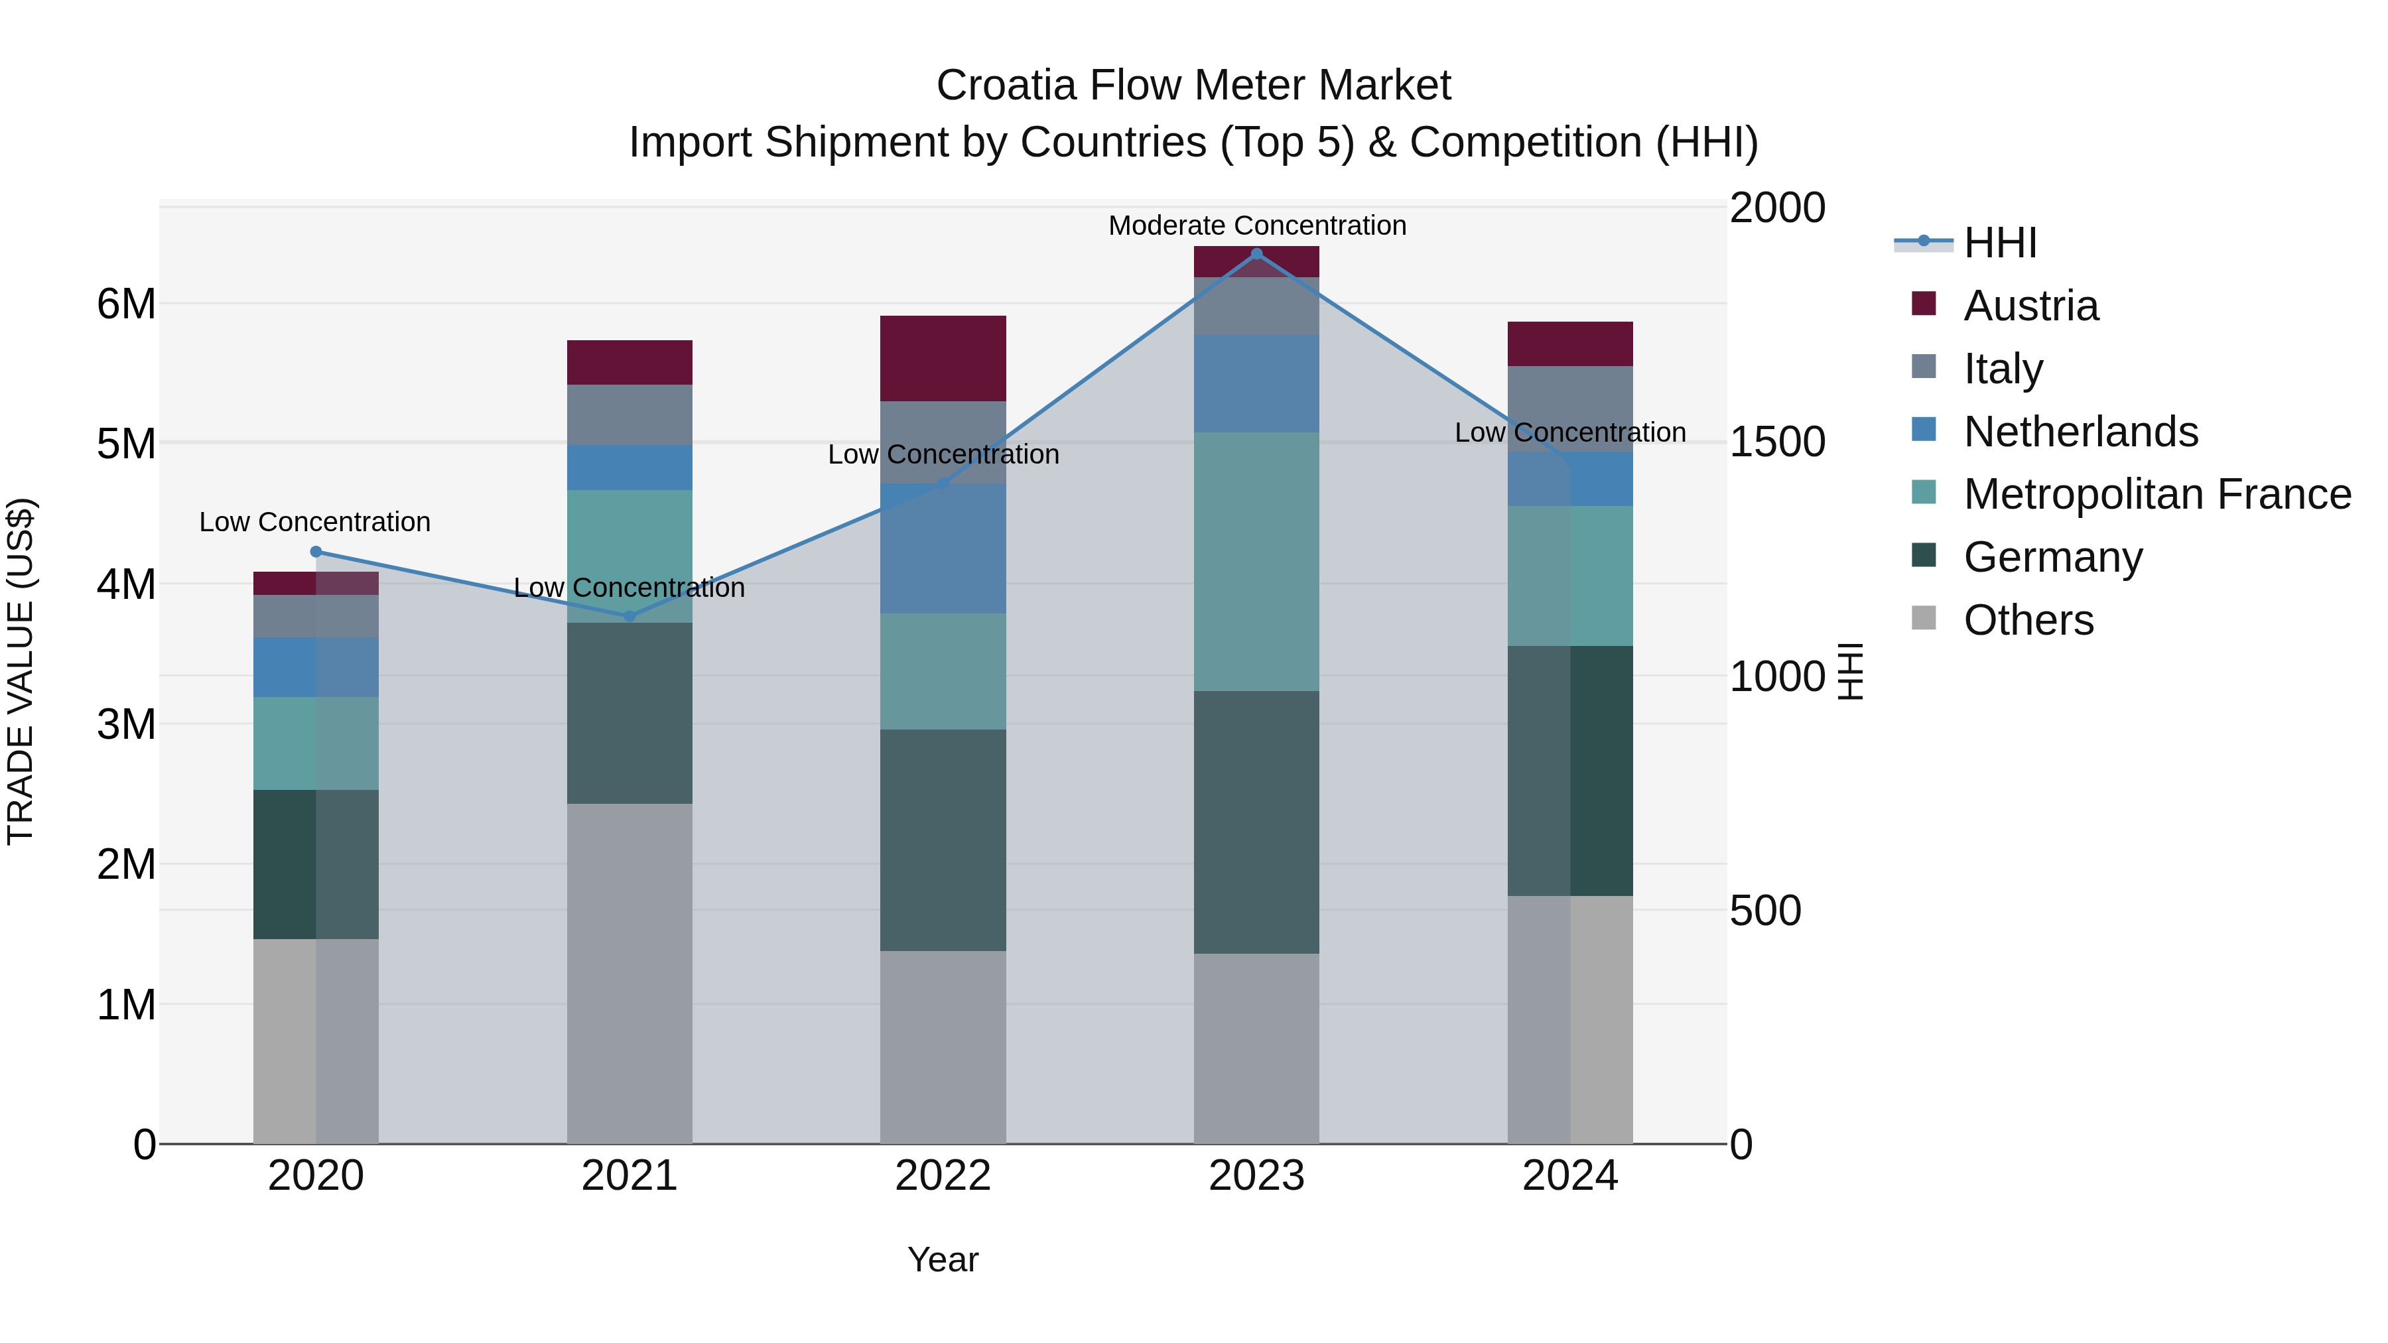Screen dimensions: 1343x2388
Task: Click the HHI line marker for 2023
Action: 1256,254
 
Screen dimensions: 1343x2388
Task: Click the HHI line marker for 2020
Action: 316,552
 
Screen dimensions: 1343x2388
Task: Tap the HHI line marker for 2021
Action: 630,616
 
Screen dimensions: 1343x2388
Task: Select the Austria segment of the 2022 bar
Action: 943,359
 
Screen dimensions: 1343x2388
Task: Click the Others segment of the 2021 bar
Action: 630,973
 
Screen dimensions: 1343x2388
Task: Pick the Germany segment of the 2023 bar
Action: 1256,822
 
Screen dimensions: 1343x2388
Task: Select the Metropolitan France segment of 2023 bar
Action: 1256,562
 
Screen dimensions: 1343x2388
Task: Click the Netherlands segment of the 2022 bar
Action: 943,548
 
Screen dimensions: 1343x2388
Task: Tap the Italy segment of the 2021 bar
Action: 630,415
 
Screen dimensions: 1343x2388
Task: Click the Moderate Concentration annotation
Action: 1257,226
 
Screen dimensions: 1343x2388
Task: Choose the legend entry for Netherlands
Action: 2080,432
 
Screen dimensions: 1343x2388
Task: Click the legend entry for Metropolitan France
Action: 2156,495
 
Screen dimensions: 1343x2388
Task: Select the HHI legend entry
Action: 1999,243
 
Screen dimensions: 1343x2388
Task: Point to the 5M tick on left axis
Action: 126,444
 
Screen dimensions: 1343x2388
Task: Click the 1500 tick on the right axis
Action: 1777,442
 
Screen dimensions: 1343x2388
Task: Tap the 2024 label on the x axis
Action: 1569,1176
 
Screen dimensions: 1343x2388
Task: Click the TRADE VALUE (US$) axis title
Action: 21,672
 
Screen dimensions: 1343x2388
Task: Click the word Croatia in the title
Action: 1006,86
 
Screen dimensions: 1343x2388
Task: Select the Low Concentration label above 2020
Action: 315,523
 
